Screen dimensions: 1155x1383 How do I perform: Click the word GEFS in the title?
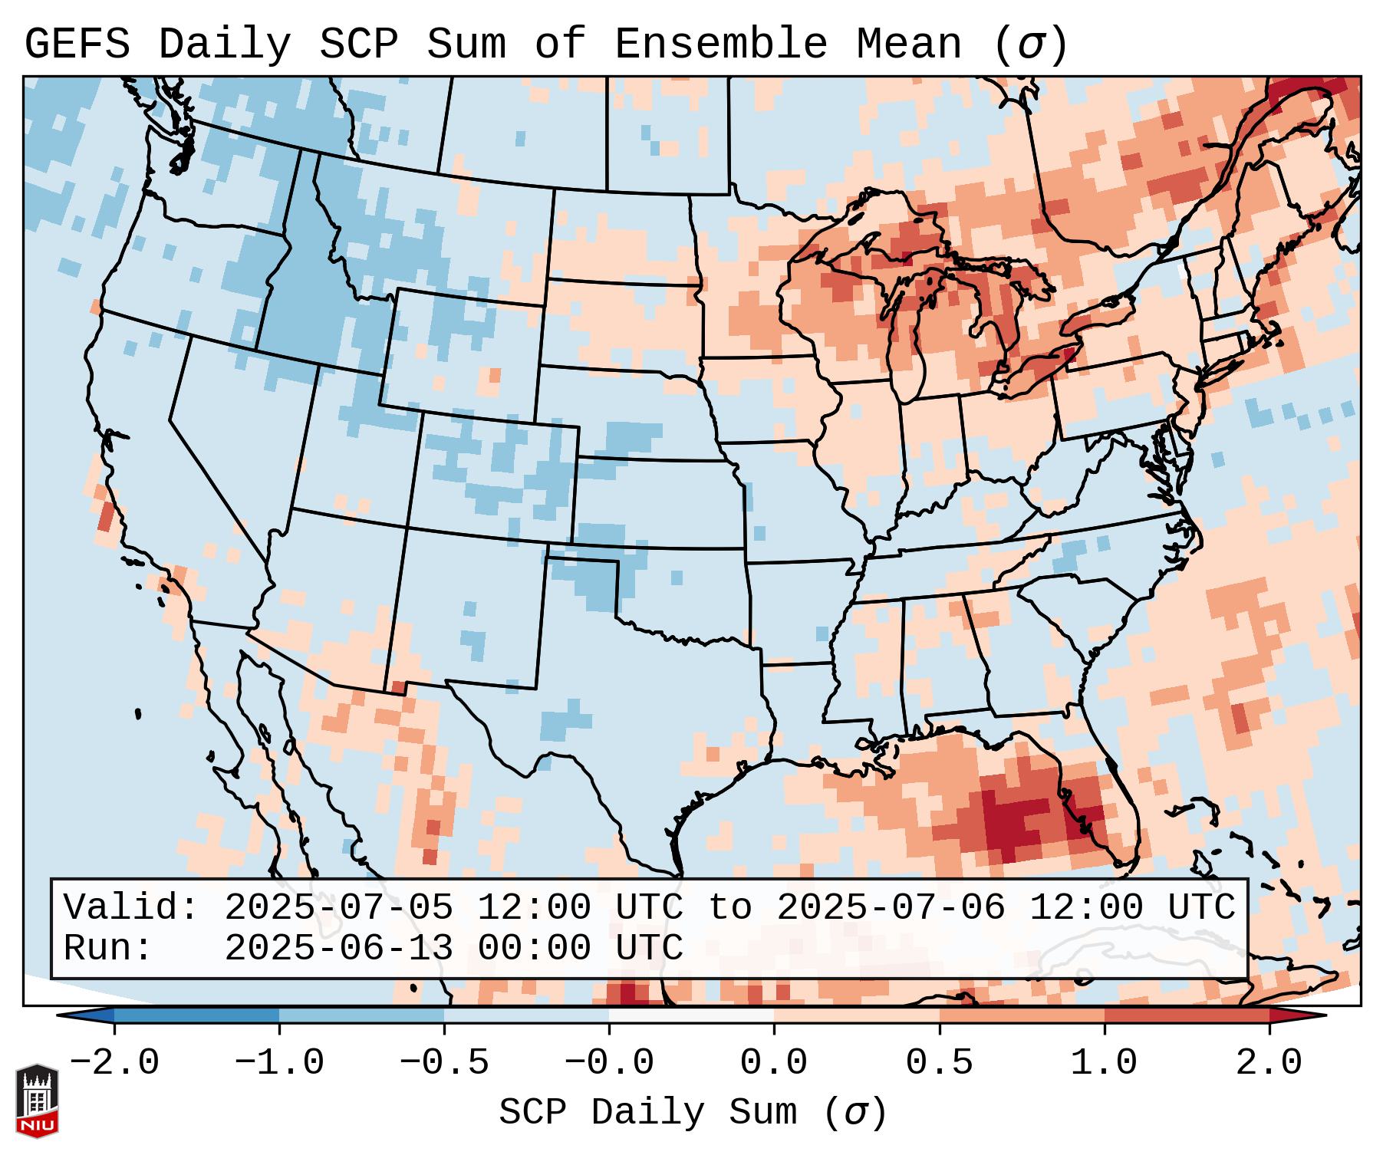coord(77,44)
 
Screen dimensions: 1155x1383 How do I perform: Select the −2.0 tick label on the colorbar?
coord(114,1063)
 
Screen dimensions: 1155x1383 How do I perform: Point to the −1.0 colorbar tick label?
coord(279,1063)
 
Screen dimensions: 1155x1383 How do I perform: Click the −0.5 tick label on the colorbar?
coord(444,1063)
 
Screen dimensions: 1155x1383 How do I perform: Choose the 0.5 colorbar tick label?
coord(940,1063)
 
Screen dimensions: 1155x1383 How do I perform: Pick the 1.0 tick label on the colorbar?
coord(1105,1063)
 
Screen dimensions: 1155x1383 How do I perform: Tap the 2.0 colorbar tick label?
coord(1269,1063)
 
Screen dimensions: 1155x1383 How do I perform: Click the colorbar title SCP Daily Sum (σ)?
coord(693,1112)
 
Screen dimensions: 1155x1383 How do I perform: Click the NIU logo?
coord(37,1101)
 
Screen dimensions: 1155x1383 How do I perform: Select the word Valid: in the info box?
coord(131,907)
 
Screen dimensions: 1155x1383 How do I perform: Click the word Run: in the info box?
coord(108,948)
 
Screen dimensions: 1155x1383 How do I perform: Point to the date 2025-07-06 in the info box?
coord(891,907)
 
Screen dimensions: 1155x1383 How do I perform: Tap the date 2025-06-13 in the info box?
coord(338,948)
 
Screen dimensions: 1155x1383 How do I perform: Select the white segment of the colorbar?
coord(691,1015)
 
